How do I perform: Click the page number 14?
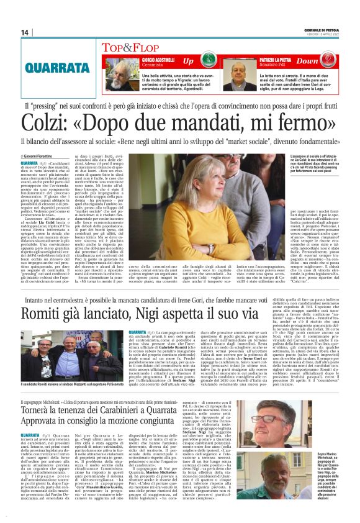point(25,32)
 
